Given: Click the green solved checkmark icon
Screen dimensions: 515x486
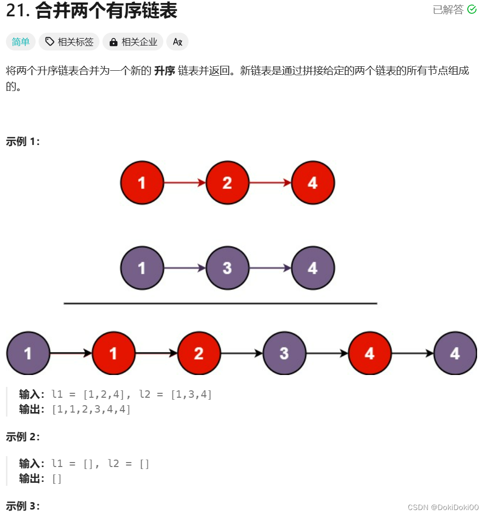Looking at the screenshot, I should pos(472,9).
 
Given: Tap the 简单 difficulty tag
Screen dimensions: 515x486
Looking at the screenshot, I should pos(21,42).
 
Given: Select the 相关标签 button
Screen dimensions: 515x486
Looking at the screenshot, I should pos(69,42).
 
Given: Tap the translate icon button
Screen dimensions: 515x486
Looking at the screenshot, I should pos(177,42).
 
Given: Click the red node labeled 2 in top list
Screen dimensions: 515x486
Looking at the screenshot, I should pos(227,183).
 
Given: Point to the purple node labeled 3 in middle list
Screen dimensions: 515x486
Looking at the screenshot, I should pos(227,268).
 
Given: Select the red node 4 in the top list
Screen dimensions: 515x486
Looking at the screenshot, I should pos(313,183).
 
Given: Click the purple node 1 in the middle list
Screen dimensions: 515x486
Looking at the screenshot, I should pos(142,268).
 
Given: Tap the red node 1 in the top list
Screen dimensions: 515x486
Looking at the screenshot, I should pos(142,183).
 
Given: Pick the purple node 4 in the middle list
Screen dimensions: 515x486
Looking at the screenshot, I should pos(313,268).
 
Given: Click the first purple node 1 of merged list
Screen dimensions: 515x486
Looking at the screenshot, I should pos(28,353).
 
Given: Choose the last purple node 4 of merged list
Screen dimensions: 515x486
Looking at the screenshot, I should pos(455,353).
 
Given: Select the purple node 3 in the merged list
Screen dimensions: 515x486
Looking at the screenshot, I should pos(284,353).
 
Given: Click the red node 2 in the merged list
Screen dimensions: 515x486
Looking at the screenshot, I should pos(199,353).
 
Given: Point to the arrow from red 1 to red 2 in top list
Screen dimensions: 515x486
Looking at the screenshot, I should pos(184,183).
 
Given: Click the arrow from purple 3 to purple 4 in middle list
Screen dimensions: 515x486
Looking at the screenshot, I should pos(270,268).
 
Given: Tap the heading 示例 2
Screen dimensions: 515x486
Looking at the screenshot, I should pos(22,436).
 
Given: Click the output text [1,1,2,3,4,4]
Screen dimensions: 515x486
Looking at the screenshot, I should pos(91,409).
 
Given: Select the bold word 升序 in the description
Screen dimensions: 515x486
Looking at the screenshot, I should pos(164,71).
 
